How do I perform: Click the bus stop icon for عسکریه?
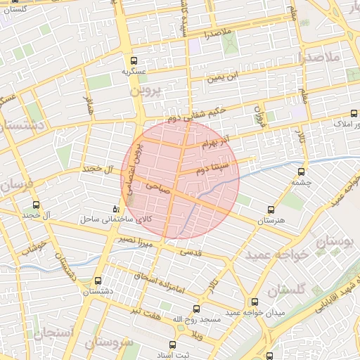(x=134, y=60)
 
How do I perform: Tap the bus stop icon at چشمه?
(x=302, y=171)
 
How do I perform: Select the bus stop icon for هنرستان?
(x=271, y=210)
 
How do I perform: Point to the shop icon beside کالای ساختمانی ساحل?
(x=117, y=210)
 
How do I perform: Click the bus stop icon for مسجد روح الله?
(x=196, y=309)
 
